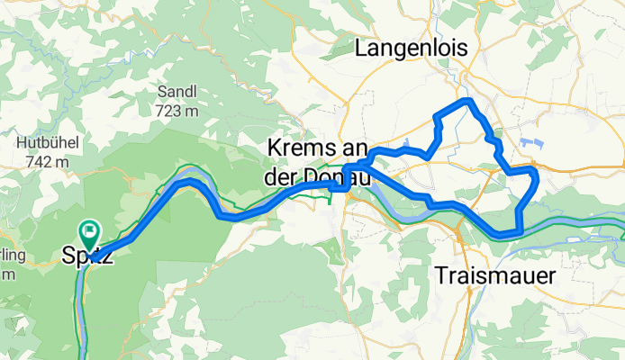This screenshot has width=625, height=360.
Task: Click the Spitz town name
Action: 88,256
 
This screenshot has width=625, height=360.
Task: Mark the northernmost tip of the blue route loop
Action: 467,101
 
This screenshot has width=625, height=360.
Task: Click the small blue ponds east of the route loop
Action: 531,143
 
